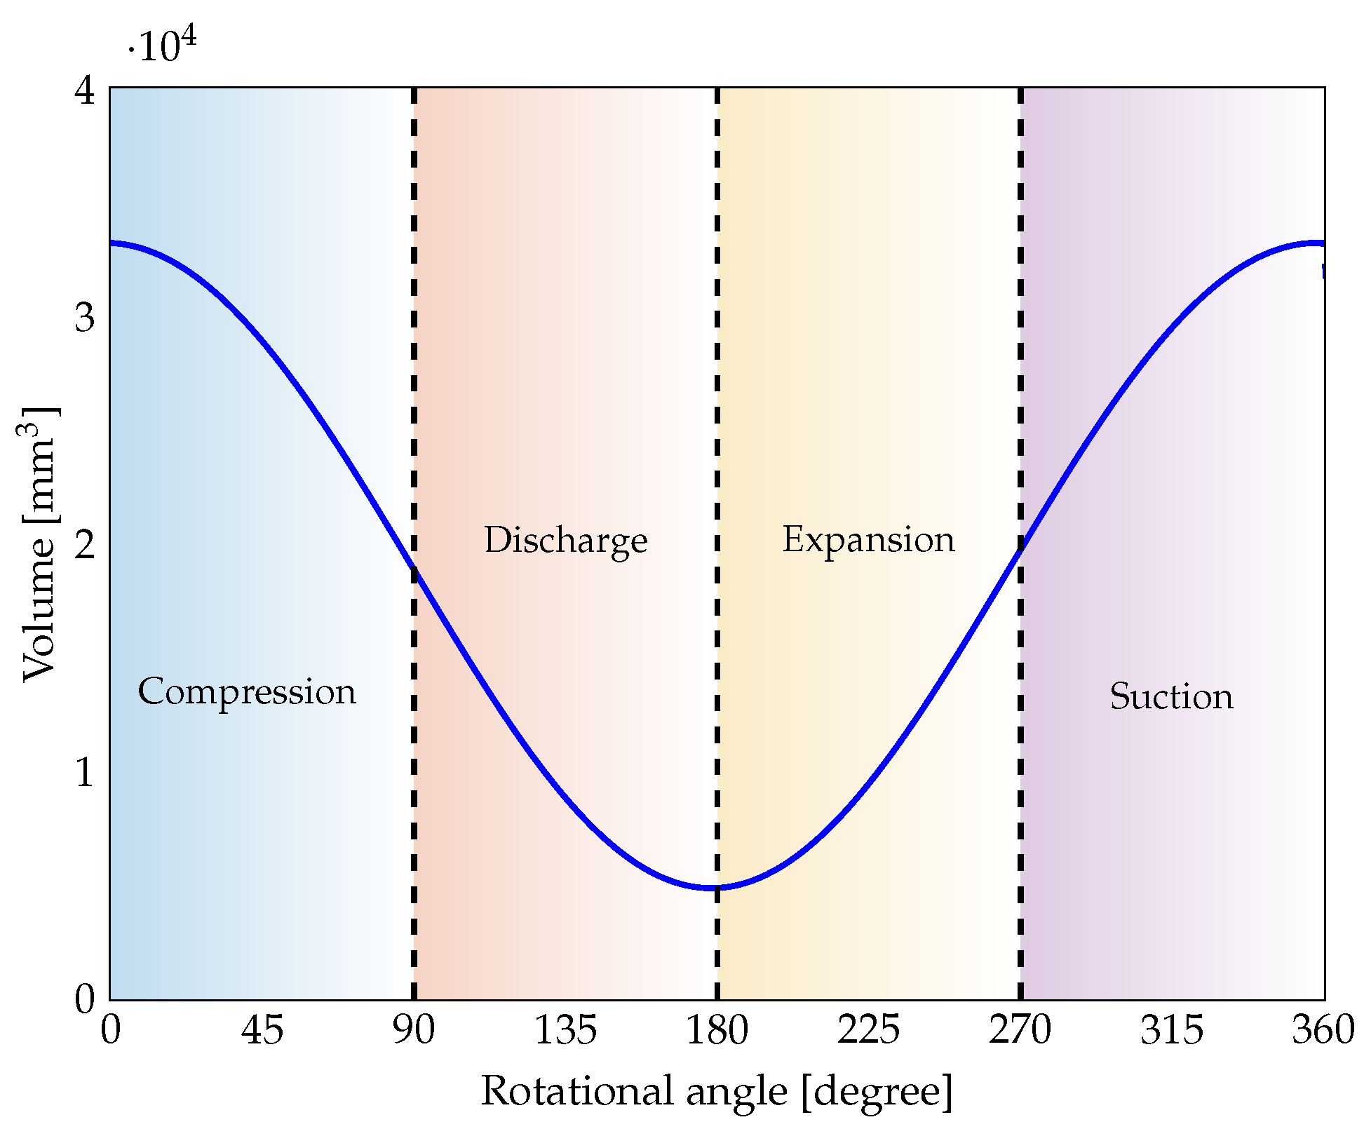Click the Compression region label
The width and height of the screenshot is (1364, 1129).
247,692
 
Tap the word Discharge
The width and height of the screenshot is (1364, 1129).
565,541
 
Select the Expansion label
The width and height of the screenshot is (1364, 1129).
868,540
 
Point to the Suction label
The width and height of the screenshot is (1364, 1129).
1171,697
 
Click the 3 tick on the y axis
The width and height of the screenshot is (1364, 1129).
84,318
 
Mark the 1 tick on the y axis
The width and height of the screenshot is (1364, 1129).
84,773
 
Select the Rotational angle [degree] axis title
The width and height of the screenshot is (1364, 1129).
717,1093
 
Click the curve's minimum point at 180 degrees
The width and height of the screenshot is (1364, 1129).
715,888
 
